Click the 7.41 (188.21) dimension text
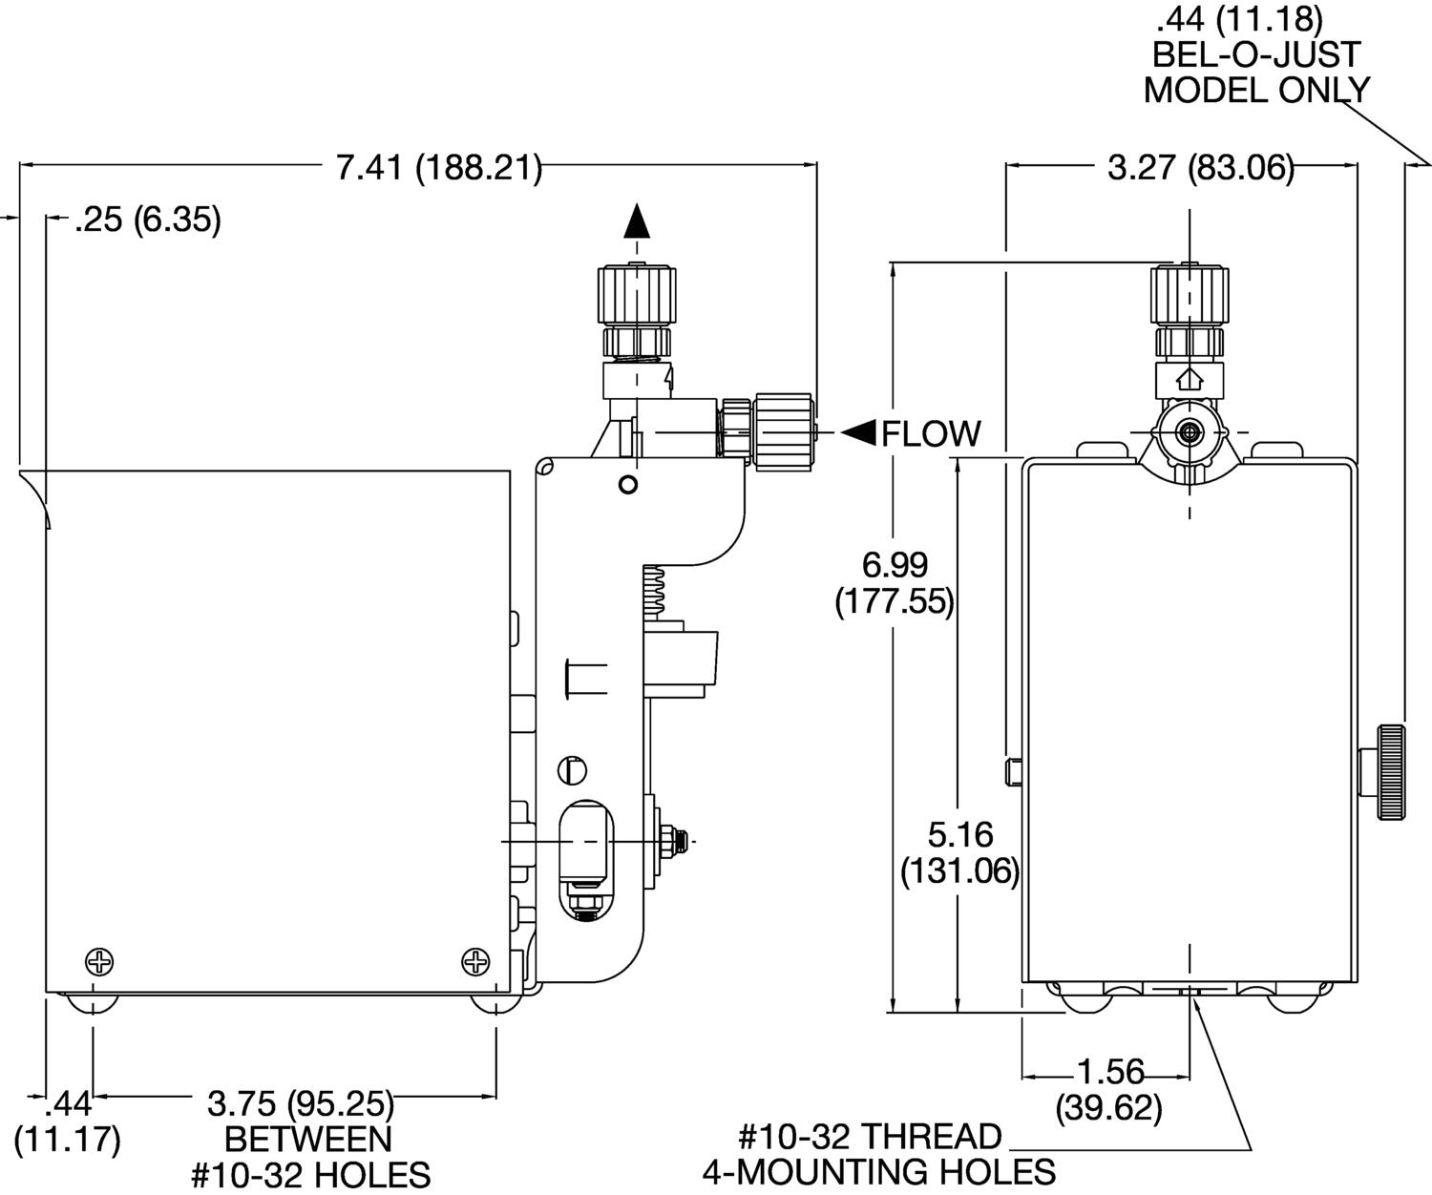coord(439,169)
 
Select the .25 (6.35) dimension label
coord(148,220)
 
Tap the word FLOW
coord(931,434)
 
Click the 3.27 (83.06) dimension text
coord(1200,169)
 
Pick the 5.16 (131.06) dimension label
coord(959,853)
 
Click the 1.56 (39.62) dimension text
coord(1109,1090)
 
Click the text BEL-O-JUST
coord(1257,53)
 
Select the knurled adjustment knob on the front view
coord(1390,772)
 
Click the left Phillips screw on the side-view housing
coord(99,961)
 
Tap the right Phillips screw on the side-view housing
coord(475,961)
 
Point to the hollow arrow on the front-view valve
coord(1190,379)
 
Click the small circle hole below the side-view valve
coord(627,484)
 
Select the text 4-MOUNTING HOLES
coord(879,1171)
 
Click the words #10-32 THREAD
coord(870,1136)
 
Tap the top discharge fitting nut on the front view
coord(1190,297)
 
